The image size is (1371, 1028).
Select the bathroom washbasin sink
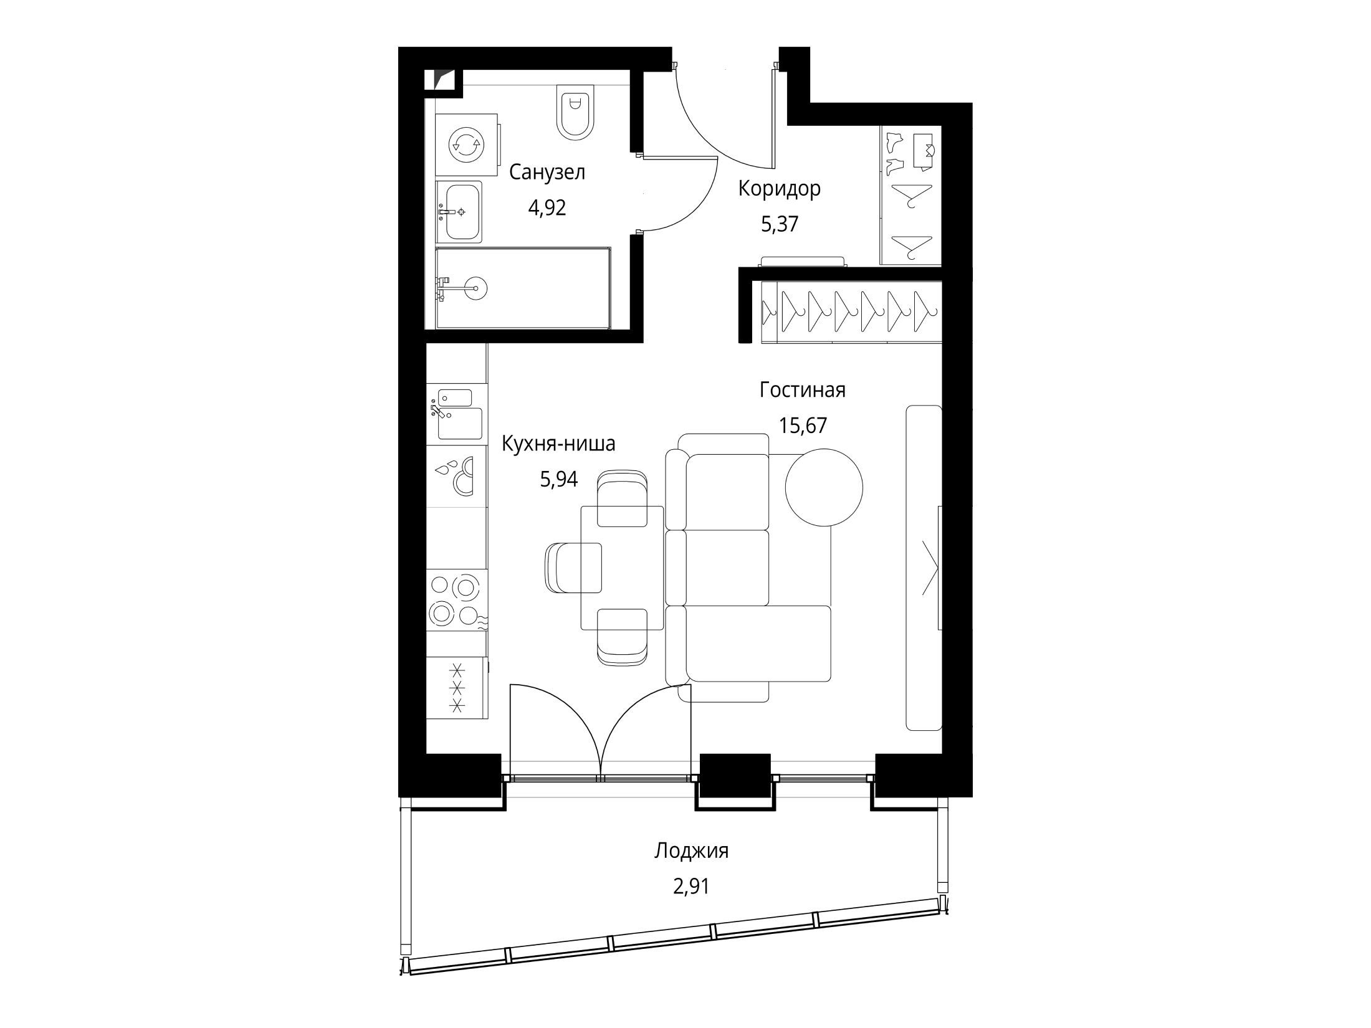[x=459, y=212]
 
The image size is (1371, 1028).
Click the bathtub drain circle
[x=477, y=288]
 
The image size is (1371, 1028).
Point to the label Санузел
[x=547, y=172]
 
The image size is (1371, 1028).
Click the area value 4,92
[x=547, y=207]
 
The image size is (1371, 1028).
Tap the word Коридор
[x=779, y=188]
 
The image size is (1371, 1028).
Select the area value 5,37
[x=780, y=224]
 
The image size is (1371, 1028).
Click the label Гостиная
[x=803, y=390]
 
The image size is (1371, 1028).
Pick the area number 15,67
[x=803, y=426]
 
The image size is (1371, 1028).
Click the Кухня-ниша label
[x=559, y=444]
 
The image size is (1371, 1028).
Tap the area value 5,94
[x=559, y=479]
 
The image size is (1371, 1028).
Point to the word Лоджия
[x=691, y=851]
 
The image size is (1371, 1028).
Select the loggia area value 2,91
[x=691, y=887]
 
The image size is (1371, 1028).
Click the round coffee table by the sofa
[x=824, y=488]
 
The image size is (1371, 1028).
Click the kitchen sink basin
[x=460, y=424]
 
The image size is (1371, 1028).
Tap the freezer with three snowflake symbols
[x=457, y=688]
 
